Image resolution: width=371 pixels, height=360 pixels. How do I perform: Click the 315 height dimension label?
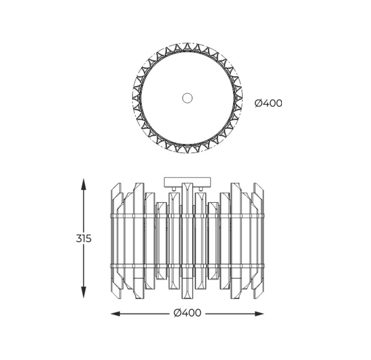tap(84, 239)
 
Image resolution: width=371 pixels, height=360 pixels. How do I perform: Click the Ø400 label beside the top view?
tap(268, 103)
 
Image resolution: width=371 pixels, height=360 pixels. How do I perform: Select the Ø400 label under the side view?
tap(188, 313)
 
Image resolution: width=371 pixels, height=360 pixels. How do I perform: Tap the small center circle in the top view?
tap(187, 98)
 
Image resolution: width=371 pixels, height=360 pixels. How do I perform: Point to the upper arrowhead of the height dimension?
tap(83, 184)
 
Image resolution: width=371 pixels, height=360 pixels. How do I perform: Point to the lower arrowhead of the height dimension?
tap(83, 293)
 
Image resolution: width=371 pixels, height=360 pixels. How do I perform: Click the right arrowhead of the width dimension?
tap(258, 314)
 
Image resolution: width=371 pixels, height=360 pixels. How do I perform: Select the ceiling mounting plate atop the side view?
tap(187, 181)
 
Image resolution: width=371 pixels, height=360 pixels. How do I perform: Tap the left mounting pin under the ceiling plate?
tap(174, 188)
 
